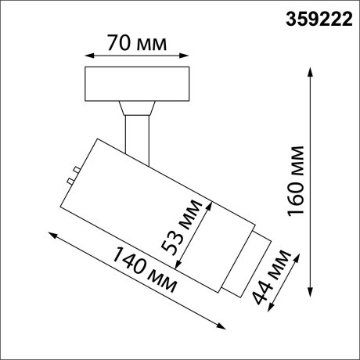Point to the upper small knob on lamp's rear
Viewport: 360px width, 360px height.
[72, 168]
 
